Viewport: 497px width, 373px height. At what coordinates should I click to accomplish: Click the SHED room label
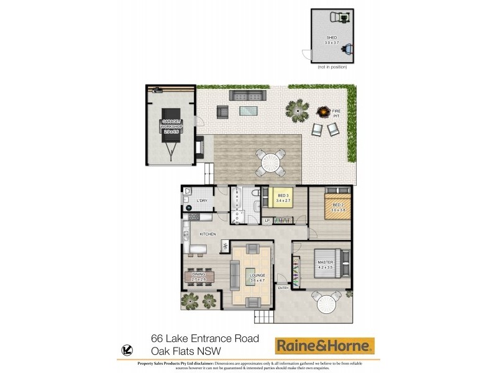(x=331, y=39)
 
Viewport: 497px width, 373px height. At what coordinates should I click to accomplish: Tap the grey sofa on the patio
(x=247, y=95)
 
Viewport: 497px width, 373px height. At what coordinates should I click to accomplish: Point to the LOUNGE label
(x=257, y=275)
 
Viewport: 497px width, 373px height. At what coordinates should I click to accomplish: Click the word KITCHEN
(x=207, y=234)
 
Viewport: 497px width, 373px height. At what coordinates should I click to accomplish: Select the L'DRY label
(x=202, y=201)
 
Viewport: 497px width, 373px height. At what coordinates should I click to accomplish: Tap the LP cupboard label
(x=267, y=221)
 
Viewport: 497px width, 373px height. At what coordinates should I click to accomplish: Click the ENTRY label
(x=284, y=287)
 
